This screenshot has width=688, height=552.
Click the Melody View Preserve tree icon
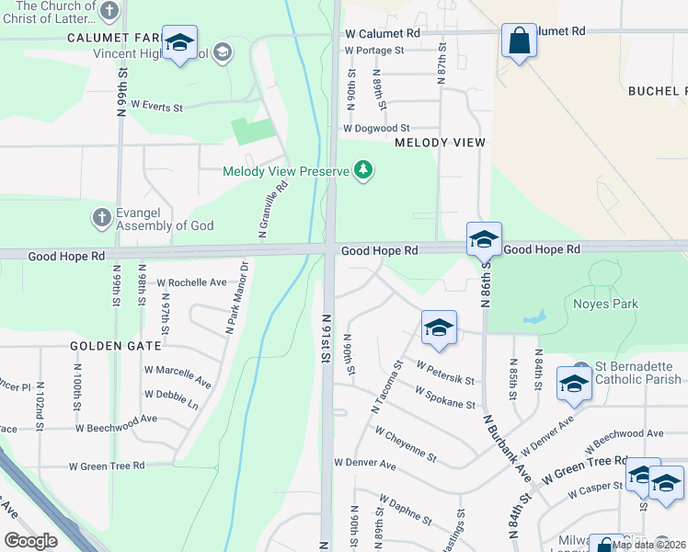tap(365, 170)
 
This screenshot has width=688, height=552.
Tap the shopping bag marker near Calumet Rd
tap(519, 41)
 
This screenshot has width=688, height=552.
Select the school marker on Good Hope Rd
tap(483, 240)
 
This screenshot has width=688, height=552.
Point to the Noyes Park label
tap(605, 304)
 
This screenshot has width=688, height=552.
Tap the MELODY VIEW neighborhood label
tap(440, 143)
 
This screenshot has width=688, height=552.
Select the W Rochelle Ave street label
tap(191, 282)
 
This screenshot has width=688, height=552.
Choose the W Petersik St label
tap(445, 372)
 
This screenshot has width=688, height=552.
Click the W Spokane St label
tap(444, 397)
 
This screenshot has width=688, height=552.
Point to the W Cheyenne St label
tap(406, 443)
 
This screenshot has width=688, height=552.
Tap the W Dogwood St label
tap(376, 129)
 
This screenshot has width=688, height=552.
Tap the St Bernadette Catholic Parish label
tap(638, 373)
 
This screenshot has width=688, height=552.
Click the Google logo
tap(30, 541)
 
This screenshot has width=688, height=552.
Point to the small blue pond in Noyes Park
tap(533, 318)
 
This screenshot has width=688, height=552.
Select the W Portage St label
tap(374, 51)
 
